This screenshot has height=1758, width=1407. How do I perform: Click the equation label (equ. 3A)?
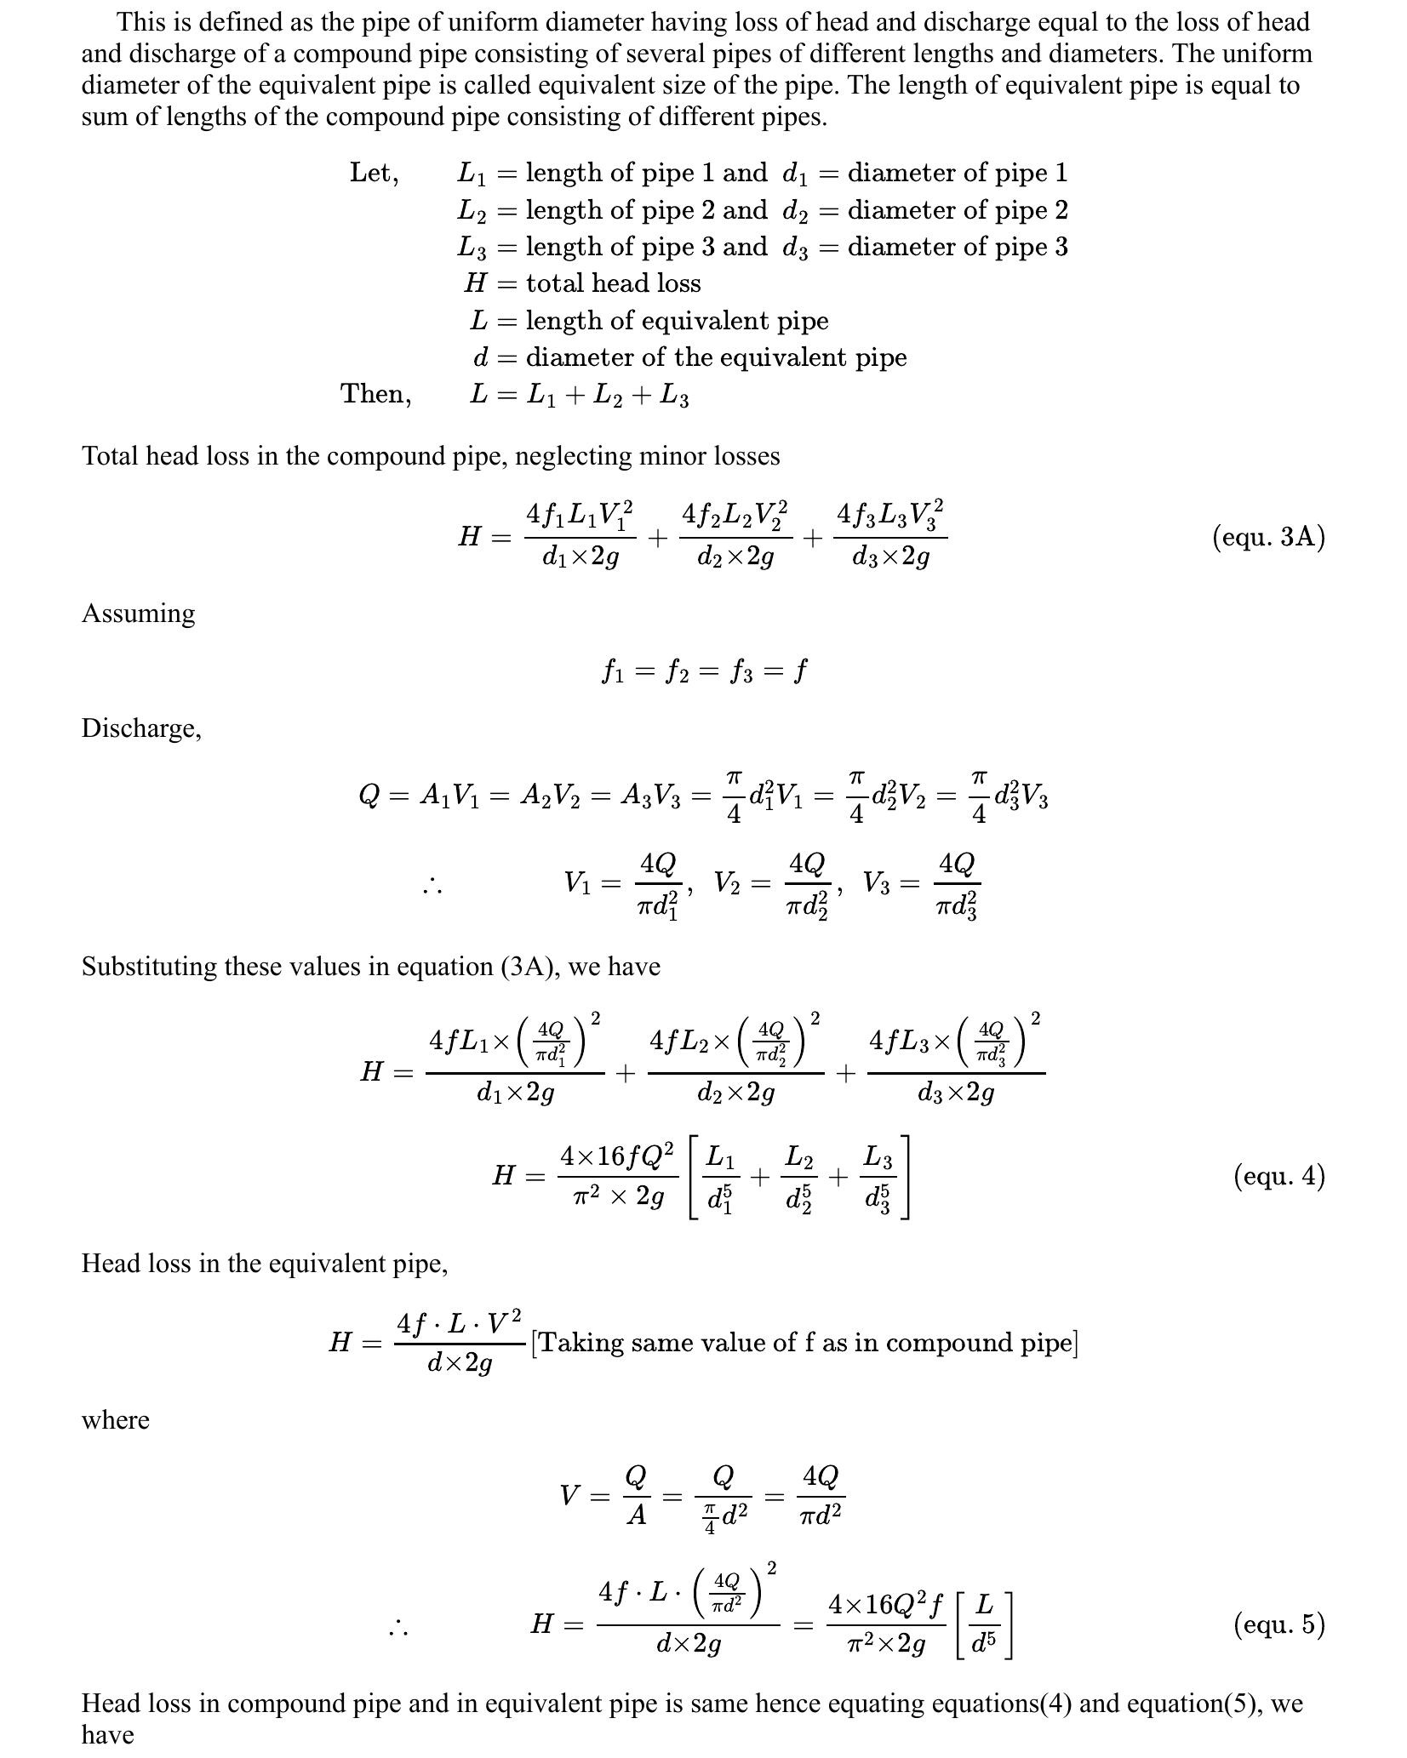tap(1268, 537)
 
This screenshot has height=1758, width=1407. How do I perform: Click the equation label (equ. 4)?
tap(1278, 1176)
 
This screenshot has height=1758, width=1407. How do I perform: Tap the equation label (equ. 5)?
tap(1278, 1624)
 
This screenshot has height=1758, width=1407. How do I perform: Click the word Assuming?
tap(138, 614)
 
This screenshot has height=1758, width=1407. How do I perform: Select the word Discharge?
tap(141, 728)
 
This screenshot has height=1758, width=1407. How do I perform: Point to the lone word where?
tap(115, 1420)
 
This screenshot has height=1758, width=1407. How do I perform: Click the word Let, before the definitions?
tap(374, 174)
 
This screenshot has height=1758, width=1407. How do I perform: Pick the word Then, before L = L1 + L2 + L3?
tap(375, 394)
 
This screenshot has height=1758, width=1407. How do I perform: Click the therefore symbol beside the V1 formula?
tap(432, 887)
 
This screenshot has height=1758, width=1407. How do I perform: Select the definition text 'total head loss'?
tap(613, 283)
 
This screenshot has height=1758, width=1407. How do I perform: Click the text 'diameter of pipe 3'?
tap(957, 247)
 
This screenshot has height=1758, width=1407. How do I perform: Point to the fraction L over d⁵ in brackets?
tap(984, 1624)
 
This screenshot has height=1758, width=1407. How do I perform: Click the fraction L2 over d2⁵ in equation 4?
tap(798, 1178)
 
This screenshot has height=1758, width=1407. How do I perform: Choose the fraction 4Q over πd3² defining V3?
tap(956, 885)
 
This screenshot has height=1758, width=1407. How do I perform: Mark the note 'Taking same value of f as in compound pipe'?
tap(804, 1343)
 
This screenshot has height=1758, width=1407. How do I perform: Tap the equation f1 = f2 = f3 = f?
tap(703, 672)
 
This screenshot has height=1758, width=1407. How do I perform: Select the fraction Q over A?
tap(636, 1495)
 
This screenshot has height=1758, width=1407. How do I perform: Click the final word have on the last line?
tap(107, 1735)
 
